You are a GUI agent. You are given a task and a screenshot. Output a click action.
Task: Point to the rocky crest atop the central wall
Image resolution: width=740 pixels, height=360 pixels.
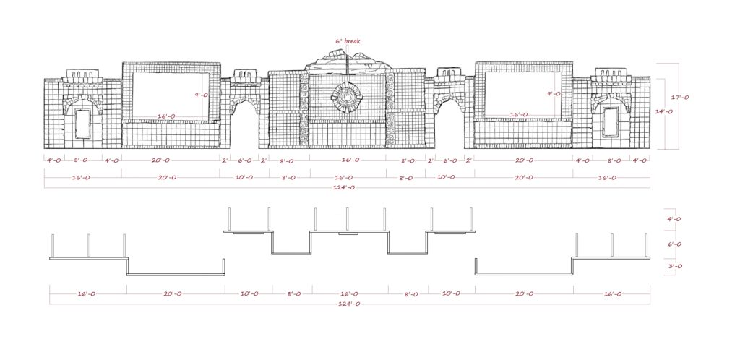[348, 61]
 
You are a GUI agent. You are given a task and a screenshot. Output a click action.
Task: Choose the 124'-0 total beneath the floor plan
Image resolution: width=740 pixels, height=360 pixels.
[348, 304]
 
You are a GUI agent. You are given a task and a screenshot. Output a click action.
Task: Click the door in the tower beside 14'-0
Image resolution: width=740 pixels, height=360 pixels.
[611, 121]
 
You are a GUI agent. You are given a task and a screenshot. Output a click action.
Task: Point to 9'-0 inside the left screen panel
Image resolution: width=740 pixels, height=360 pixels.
[202, 95]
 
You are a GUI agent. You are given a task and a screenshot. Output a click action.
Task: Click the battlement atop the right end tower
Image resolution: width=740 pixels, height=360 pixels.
[610, 74]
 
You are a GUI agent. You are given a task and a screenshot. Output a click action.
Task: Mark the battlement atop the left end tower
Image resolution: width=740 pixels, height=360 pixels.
[82, 76]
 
